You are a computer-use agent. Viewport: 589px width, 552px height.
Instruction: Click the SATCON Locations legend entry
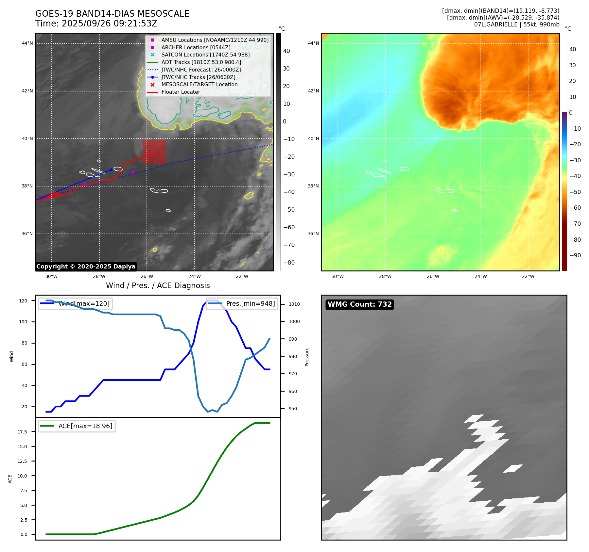click(x=205, y=55)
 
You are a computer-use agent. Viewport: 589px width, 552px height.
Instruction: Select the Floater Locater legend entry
click(x=181, y=92)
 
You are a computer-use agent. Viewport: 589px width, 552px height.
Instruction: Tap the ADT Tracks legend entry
click(x=201, y=62)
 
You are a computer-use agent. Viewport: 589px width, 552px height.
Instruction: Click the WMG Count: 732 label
click(x=359, y=304)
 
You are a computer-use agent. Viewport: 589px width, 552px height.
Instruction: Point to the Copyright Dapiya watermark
click(x=86, y=267)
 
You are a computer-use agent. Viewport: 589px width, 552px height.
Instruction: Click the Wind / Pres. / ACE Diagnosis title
click(x=158, y=285)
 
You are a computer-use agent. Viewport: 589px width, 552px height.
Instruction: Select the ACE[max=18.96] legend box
click(x=77, y=426)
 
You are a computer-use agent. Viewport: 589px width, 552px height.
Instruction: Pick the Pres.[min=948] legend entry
click(x=242, y=304)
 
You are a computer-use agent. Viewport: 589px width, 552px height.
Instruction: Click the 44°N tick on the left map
click(x=27, y=43)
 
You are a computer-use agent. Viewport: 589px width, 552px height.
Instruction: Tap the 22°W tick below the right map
click(x=528, y=276)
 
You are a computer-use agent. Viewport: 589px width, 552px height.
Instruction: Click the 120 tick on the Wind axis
click(x=23, y=301)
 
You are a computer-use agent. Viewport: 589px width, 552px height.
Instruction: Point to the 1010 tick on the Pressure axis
click(x=294, y=304)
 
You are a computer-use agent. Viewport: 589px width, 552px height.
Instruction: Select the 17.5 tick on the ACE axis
click(x=22, y=432)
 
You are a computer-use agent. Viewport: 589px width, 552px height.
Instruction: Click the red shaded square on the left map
click(x=154, y=152)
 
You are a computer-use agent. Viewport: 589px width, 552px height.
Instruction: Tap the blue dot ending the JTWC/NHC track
click(x=112, y=170)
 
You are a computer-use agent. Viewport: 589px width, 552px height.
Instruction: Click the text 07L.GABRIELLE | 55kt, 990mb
click(x=516, y=24)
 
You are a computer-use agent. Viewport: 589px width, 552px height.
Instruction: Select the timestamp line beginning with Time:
click(x=96, y=24)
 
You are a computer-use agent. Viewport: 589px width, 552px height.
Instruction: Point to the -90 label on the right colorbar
click(x=575, y=255)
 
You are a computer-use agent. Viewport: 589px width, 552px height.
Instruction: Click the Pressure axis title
click(x=307, y=357)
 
